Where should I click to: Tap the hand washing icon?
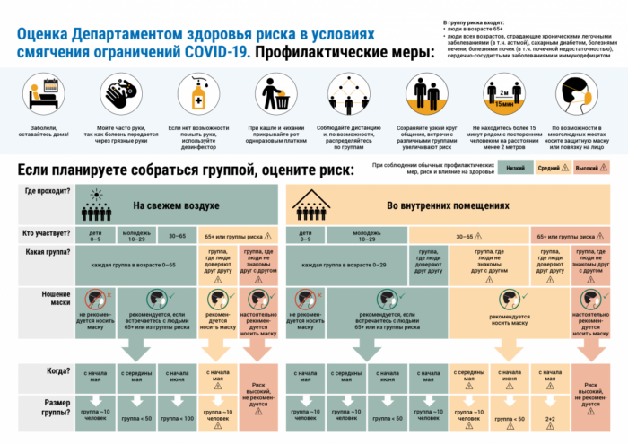tap(119, 92)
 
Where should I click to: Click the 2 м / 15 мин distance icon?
tap(505, 92)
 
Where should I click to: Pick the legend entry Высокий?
tap(588, 167)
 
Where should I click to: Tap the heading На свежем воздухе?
tap(176, 206)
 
